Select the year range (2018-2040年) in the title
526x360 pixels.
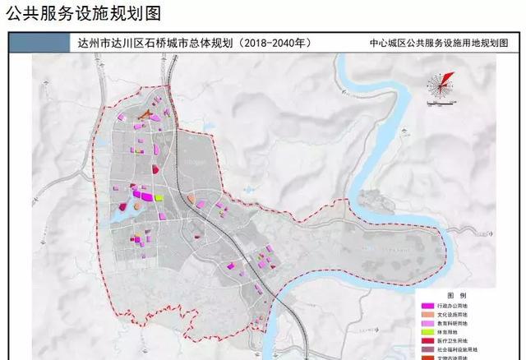[268, 41]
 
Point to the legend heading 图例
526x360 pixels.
[457, 295]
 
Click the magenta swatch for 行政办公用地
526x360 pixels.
[428, 306]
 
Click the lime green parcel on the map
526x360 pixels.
[159, 198]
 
